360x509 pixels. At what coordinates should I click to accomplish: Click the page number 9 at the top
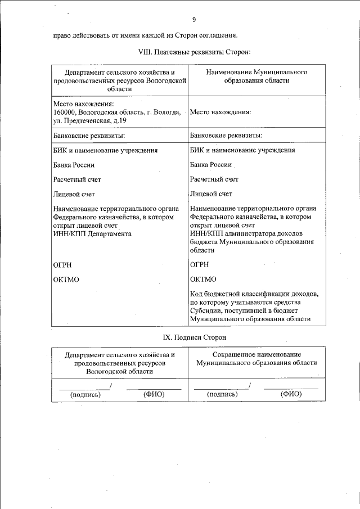pyautogui.click(x=193, y=20)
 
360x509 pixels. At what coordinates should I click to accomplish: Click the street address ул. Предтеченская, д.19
pyautogui.click(x=90, y=120)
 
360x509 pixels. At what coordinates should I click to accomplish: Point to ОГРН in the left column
pyautogui.click(x=63, y=264)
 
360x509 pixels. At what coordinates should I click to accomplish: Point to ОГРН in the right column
pyautogui.click(x=200, y=264)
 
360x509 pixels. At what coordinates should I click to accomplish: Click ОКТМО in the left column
pyautogui.click(x=66, y=279)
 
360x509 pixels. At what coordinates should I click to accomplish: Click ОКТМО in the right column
pyautogui.click(x=203, y=279)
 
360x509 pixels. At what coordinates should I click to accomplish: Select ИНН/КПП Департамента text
pyautogui.click(x=92, y=233)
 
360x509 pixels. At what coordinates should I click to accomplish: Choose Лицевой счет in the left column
pyautogui.click(x=74, y=195)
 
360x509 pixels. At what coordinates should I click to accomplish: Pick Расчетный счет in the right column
pyautogui.click(x=214, y=179)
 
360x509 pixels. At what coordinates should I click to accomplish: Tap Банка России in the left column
pyautogui.click(x=74, y=165)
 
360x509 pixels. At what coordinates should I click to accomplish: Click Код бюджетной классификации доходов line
pyautogui.click(x=255, y=294)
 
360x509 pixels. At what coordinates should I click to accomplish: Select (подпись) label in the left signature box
pyautogui.click(x=85, y=395)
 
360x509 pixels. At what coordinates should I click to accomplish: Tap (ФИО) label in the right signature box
pyautogui.click(x=291, y=394)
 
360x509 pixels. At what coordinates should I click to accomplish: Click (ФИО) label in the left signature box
pyautogui.click(x=154, y=394)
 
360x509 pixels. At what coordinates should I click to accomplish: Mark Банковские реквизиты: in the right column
pyautogui.click(x=226, y=136)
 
